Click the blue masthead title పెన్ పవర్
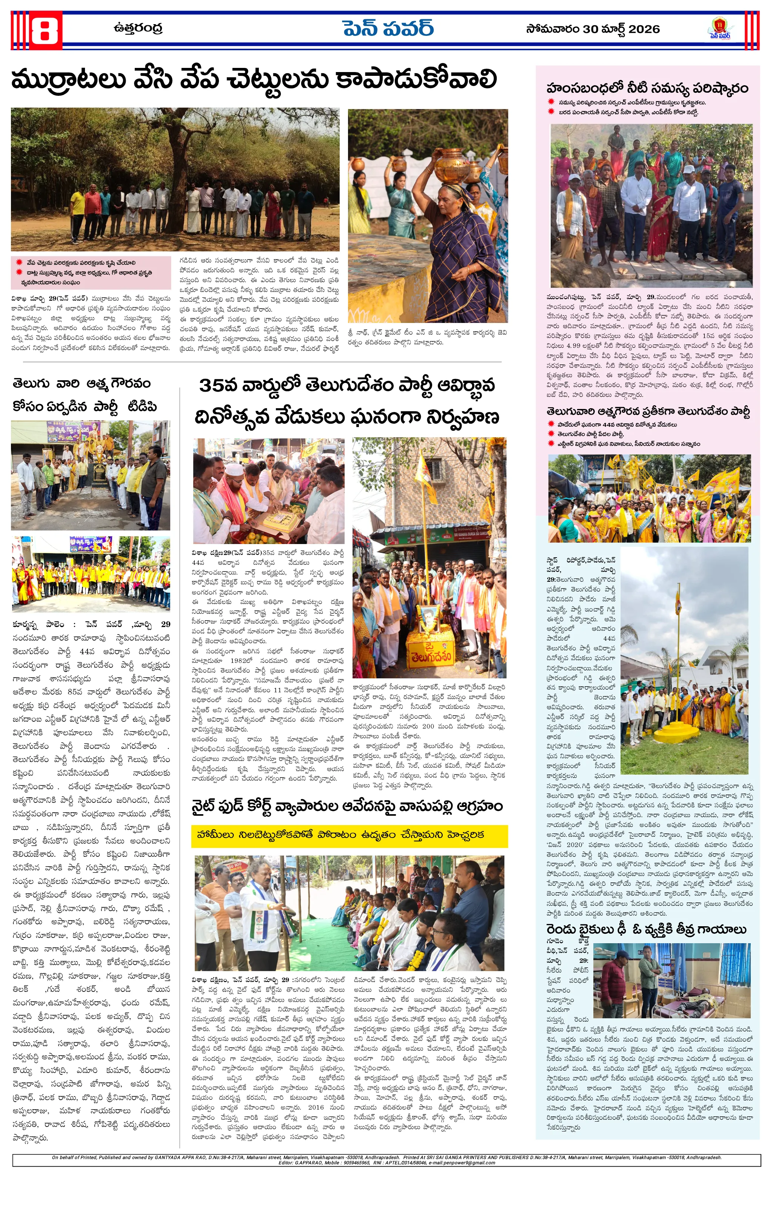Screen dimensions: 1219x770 388,29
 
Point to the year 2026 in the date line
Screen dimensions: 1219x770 643,29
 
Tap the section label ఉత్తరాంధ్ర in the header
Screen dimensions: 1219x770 138,28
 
